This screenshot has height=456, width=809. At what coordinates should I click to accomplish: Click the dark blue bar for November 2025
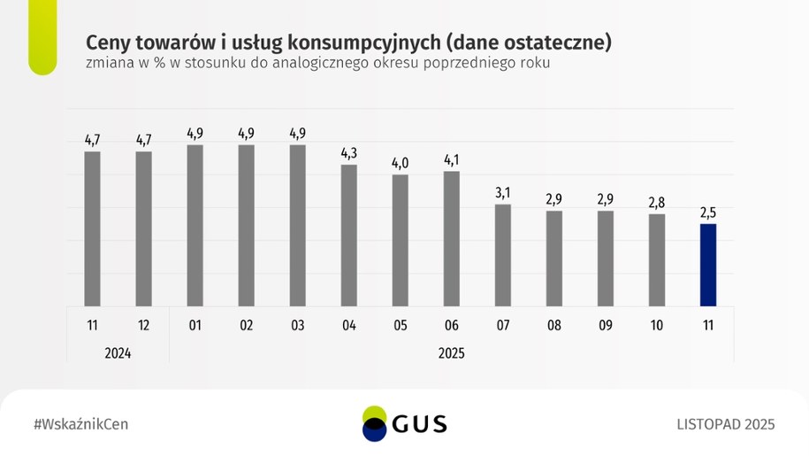(707, 265)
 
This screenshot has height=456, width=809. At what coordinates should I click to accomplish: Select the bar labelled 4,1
(451, 238)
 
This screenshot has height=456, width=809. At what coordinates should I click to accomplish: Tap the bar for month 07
(502, 255)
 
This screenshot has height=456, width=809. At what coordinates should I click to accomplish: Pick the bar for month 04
(348, 235)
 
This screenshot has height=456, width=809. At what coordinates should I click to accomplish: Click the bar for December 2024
(143, 228)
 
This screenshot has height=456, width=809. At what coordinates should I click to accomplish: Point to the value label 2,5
(707, 213)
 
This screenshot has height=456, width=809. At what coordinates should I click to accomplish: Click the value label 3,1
(502, 192)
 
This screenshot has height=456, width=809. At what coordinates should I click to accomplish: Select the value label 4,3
(348, 152)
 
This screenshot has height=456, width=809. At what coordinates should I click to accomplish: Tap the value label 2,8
(656, 203)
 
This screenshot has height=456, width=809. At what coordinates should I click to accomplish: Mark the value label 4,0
(400, 163)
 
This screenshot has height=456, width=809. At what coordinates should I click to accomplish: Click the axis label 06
(451, 326)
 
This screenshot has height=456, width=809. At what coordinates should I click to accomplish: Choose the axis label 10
(656, 326)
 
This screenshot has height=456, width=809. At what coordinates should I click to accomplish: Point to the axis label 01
(195, 326)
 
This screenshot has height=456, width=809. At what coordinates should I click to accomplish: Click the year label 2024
(118, 352)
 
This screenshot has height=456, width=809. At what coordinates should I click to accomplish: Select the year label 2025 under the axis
(451, 352)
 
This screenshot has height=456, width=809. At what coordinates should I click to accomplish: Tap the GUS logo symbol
(375, 423)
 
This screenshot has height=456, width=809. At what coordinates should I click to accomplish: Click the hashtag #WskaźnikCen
(80, 424)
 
